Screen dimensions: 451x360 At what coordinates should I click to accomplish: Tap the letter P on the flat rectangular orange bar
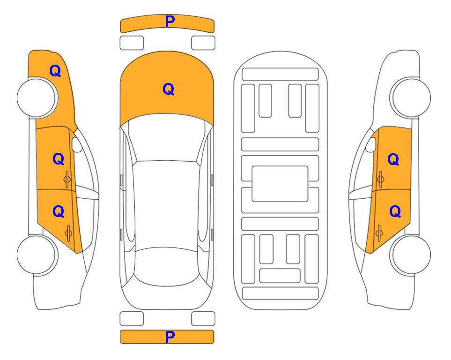point(170,337)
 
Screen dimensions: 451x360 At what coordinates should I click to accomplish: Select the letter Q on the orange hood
point(169,89)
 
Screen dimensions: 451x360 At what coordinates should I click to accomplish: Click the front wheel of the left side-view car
point(37,98)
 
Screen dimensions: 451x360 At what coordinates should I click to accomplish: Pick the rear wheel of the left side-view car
point(37,255)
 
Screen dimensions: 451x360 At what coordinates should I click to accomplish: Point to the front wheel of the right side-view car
point(410,97)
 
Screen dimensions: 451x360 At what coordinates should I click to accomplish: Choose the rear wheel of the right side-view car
point(410,255)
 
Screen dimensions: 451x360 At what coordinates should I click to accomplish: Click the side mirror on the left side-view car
point(77,144)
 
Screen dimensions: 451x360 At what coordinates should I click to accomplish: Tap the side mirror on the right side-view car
point(371,144)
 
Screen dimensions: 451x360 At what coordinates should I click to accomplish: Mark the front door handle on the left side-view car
point(67,179)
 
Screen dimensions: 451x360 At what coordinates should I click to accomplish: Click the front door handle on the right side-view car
point(380,179)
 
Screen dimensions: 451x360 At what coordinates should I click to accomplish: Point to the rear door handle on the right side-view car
point(379,233)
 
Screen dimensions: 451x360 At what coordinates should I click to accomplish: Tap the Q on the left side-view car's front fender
point(55,71)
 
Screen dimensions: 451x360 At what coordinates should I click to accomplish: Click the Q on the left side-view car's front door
point(59,159)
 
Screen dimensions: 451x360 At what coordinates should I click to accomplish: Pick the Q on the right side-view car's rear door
point(395,212)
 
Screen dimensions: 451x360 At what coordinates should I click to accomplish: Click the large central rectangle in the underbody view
point(280,184)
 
